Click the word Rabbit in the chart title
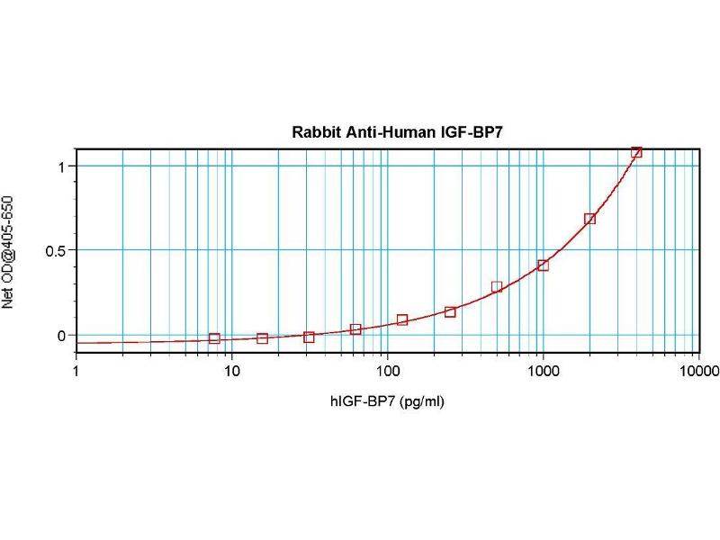pos(311,131)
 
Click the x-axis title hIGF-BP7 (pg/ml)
pos(386,401)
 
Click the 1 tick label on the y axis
pos(61,166)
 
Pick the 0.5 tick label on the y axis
pos(56,251)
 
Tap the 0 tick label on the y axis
pos(61,336)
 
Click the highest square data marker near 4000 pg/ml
pos(636,153)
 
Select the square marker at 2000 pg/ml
pos(589,219)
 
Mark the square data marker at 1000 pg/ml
pos(543,265)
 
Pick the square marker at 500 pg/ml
pos(497,287)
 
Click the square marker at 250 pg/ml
pos(450,312)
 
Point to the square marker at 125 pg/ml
pos(402,320)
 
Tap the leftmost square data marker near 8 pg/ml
pos(214,338)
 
